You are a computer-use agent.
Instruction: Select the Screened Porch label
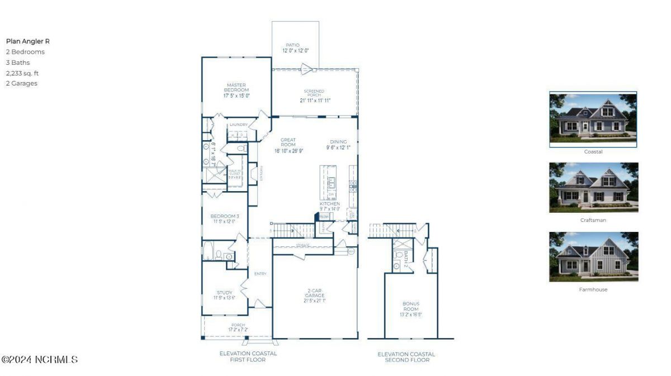pos(314,96)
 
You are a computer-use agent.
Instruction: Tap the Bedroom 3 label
pos(224,218)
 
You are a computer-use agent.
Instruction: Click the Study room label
pos(224,294)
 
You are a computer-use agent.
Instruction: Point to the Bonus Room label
pos(411,309)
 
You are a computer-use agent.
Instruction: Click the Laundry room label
pos(239,125)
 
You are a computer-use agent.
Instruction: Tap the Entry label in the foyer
pos(261,274)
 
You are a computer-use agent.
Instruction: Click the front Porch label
pos(238,327)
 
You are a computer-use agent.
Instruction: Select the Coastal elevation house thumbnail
pos(593,119)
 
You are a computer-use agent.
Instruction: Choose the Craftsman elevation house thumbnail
pos(593,188)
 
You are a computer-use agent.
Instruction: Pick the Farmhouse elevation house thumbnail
pos(593,257)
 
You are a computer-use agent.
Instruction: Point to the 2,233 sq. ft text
pos(22,73)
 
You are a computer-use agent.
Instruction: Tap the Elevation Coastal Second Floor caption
pos(407,357)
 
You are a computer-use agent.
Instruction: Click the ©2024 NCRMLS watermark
pos(40,360)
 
